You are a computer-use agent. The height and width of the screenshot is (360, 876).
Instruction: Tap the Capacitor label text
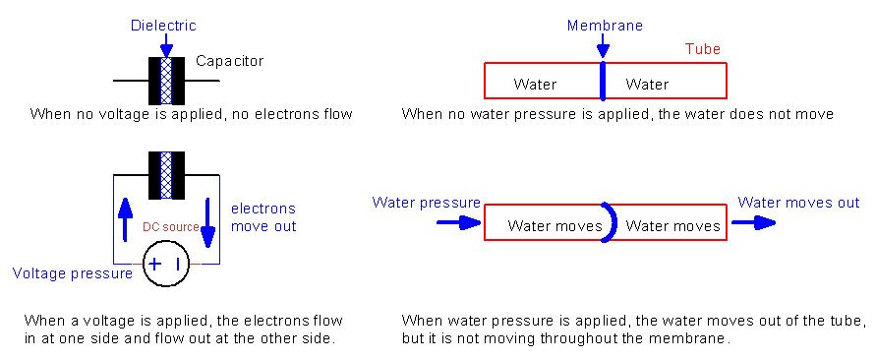[x=229, y=61]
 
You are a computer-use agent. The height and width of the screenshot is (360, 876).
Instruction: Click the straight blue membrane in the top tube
[x=602, y=81]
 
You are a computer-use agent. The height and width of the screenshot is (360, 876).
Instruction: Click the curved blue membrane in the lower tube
[x=611, y=223]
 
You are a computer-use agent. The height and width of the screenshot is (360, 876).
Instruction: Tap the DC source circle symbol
[x=166, y=265]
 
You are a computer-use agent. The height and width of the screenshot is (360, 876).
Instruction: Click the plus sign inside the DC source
[x=154, y=265]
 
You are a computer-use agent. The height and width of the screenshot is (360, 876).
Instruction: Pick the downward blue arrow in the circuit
[x=207, y=222]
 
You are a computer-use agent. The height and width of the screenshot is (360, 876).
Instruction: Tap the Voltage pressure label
[x=72, y=273]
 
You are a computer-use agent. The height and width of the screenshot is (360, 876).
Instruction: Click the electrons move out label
[x=263, y=217]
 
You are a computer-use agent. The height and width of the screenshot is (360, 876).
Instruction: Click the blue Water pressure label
[x=426, y=203]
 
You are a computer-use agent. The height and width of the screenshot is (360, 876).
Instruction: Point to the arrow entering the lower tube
[x=456, y=223]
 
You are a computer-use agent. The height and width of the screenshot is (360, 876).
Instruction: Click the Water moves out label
[x=798, y=203]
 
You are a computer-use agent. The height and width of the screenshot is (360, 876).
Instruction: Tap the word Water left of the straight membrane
[x=535, y=85]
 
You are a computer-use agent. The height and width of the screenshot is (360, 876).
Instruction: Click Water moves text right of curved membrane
[x=672, y=226]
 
